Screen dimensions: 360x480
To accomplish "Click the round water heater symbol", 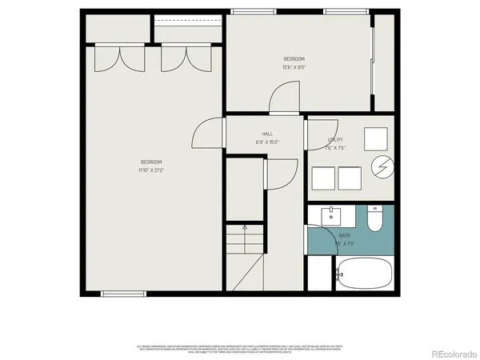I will (x=381, y=168).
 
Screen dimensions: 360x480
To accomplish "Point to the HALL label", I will (x=267, y=134).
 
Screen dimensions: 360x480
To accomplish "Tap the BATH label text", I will (x=345, y=236).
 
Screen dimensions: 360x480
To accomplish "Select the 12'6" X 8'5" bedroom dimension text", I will (x=294, y=67).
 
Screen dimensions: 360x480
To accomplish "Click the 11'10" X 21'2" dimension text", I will (x=151, y=170).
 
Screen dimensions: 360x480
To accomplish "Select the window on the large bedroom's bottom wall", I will (x=123, y=294).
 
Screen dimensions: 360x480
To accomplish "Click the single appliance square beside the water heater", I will (x=376, y=139).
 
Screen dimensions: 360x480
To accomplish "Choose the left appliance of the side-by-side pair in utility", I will (x=323, y=178).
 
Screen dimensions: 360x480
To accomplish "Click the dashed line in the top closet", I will (x=186, y=22).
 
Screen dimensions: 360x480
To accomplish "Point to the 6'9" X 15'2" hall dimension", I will (x=267, y=142).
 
